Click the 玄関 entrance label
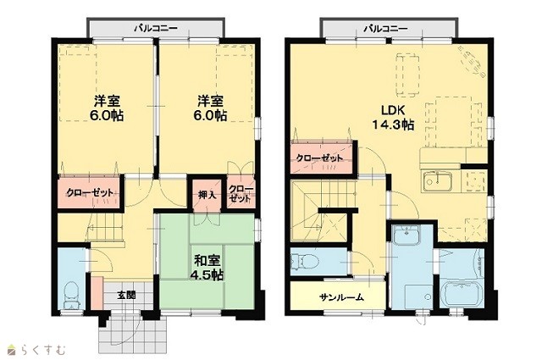pos(126,296)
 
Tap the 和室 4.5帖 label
pos(207,267)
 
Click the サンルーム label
pos(341,296)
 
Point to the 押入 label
pos(207,195)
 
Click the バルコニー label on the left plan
pos(156,28)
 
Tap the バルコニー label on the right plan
pos(385,28)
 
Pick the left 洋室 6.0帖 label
pos(107,108)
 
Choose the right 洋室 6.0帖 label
pos(210,108)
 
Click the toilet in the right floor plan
pos(305,261)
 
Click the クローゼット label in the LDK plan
pos(319,158)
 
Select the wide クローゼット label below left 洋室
pos(90,192)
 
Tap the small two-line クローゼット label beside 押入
pos(241,194)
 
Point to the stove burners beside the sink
pos(474,180)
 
